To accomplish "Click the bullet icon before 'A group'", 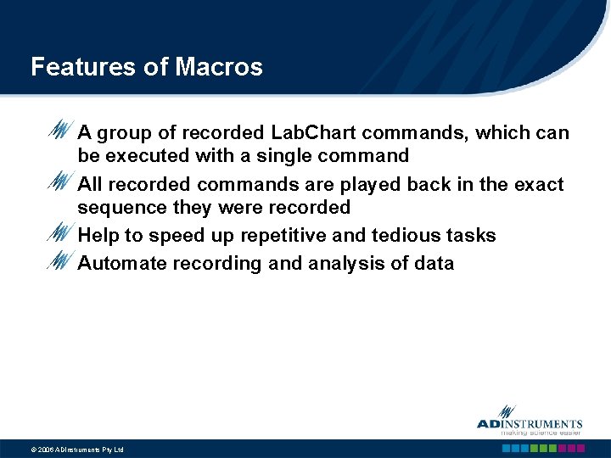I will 59,132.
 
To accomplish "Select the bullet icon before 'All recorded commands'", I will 59,182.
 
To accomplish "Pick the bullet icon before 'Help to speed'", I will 59,232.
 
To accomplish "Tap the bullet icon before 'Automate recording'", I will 59,261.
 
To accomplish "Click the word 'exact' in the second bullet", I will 540,185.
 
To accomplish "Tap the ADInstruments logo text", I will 530,424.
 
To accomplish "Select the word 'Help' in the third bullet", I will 98,236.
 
